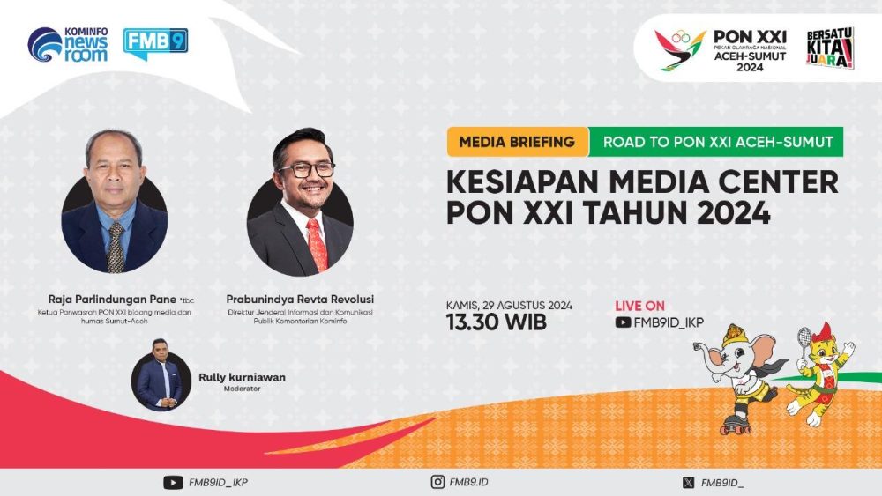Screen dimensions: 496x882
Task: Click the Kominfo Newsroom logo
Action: point(68,44)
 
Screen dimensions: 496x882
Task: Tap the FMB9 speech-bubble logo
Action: point(155,43)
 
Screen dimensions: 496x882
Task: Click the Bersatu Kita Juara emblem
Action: point(829,48)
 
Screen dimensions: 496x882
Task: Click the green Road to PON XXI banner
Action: point(717,141)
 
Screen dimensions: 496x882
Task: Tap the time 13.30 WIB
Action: point(497,322)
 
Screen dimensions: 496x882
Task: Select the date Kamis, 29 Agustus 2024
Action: point(510,305)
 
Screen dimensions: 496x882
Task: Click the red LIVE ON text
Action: point(639,306)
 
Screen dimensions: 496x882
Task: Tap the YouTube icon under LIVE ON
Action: point(623,322)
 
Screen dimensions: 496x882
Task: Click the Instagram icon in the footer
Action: point(437,482)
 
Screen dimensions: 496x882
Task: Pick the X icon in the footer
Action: point(688,482)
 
